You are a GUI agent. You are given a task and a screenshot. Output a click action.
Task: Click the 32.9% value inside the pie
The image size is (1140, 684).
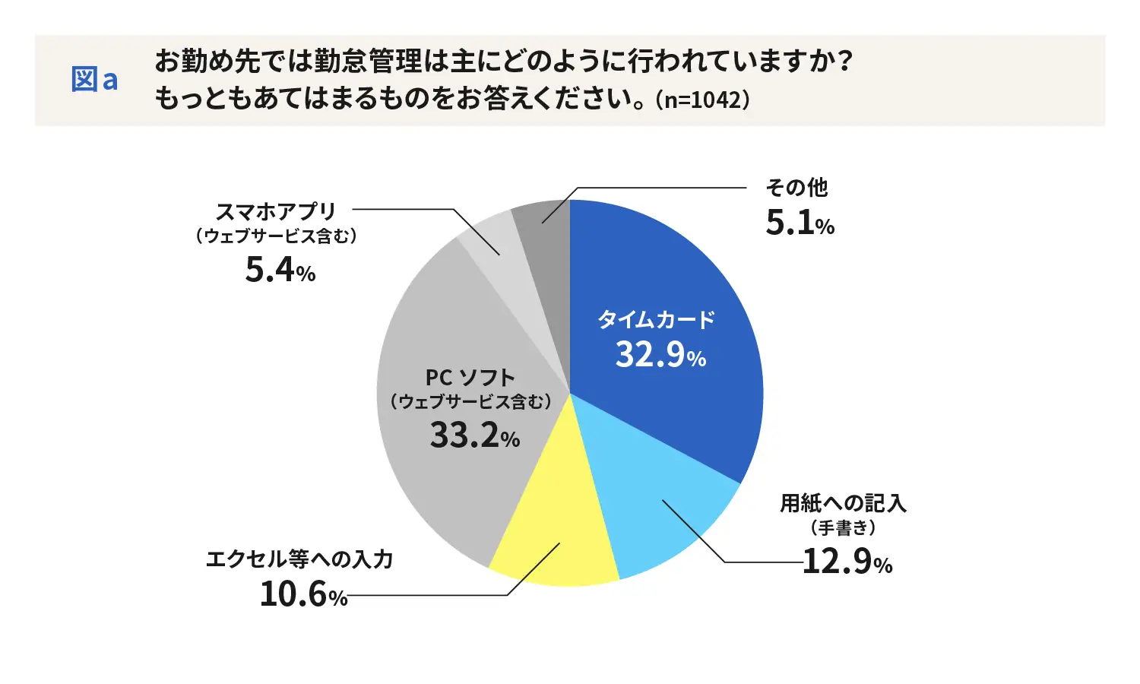(660, 355)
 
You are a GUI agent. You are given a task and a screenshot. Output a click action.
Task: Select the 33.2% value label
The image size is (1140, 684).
(474, 435)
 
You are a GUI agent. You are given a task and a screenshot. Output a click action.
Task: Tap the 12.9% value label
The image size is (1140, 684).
(847, 562)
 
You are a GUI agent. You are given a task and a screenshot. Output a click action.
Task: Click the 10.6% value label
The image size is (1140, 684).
(303, 594)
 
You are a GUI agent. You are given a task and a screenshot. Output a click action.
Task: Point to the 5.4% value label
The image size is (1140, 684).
(280, 270)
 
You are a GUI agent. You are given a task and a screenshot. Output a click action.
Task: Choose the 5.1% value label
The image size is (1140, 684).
(800, 223)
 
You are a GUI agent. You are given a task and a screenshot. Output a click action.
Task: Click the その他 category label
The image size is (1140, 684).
(796, 187)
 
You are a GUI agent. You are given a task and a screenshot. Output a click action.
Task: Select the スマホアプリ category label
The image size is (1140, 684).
(276, 211)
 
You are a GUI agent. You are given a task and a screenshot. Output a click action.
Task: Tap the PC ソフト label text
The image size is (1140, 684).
(470, 378)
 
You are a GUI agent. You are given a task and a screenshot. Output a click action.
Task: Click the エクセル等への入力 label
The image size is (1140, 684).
(299, 559)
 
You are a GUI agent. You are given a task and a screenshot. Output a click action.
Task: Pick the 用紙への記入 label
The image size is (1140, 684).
(843, 503)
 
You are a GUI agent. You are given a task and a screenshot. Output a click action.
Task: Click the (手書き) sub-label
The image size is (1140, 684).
(843, 527)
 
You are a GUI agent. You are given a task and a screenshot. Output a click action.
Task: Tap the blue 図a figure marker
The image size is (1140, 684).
(94, 80)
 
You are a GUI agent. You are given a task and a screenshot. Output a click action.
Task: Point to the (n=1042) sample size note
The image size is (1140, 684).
(702, 100)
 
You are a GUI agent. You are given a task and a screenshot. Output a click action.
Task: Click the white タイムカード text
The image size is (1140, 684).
(657, 319)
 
